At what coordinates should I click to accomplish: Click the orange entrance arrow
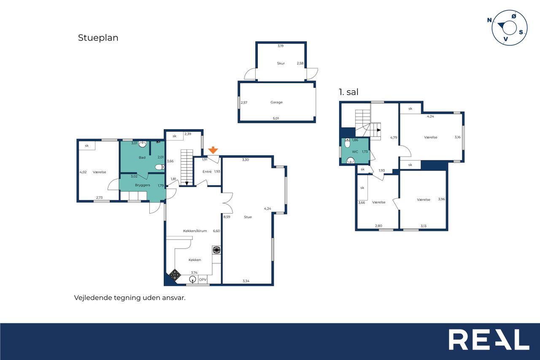[x=213, y=150]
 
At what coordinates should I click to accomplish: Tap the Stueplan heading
[x=98, y=38]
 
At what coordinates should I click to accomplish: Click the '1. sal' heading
[x=348, y=92]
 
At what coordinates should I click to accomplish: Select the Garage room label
[x=276, y=102]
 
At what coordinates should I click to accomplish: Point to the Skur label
[x=281, y=63]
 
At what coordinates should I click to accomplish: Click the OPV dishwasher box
[x=202, y=279]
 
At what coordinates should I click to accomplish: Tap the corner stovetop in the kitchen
[x=175, y=275]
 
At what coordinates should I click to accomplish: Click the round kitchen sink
[x=192, y=279]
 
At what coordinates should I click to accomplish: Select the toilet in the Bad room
[x=159, y=167]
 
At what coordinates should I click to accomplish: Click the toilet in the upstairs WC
[x=347, y=143]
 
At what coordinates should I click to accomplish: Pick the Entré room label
[x=207, y=172]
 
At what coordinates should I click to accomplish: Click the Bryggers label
[x=143, y=185]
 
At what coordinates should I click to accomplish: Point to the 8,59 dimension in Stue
[x=227, y=217]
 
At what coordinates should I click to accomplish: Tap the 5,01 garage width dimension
[x=276, y=119]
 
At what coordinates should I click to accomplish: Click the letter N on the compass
[x=489, y=20]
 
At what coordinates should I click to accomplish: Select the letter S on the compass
[x=521, y=32]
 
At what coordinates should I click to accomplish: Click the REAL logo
[x=489, y=339]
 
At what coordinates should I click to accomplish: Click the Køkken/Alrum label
[x=195, y=231]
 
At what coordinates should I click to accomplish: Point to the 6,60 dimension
[x=216, y=231]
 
